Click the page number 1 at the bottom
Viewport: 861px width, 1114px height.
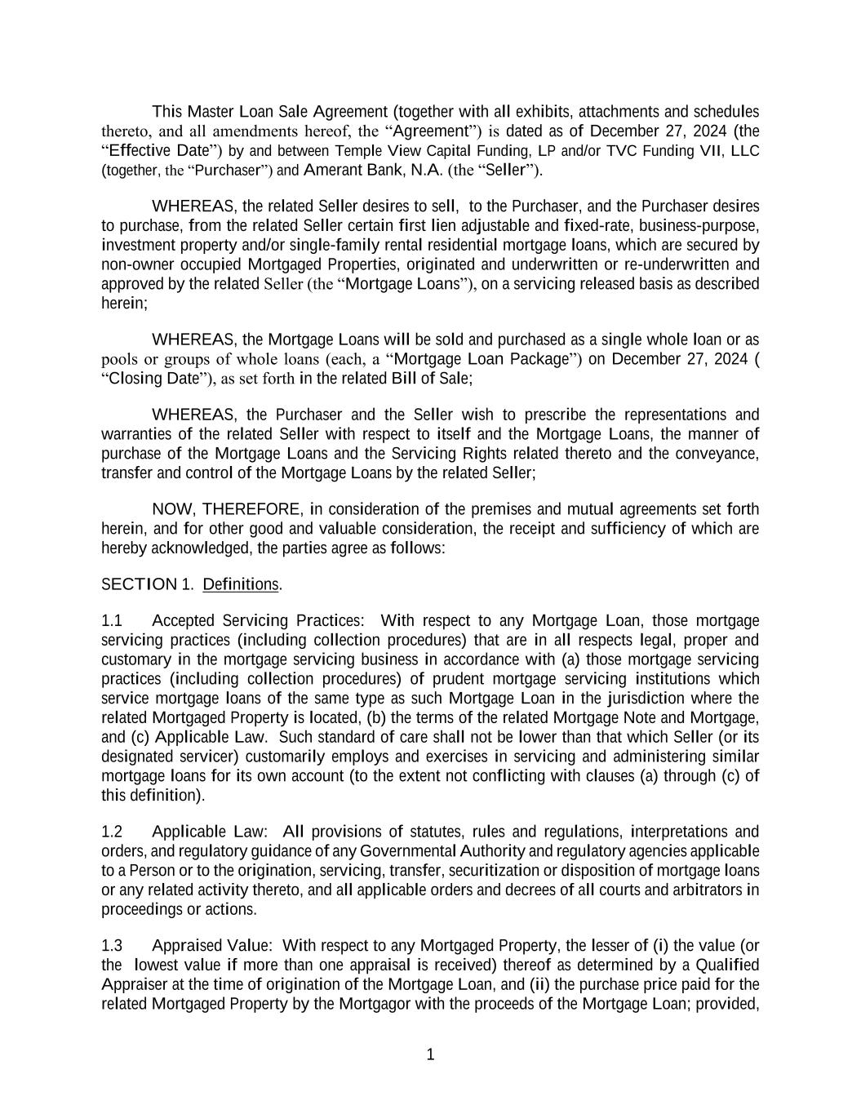click(430, 1054)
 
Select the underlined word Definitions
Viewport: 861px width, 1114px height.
click(240, 584)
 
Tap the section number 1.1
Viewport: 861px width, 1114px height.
click(112, 620)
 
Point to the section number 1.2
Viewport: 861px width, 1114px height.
click(112, 832)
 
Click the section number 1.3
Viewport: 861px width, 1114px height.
click(112, 946)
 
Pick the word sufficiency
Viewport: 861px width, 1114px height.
click(627, 529)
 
